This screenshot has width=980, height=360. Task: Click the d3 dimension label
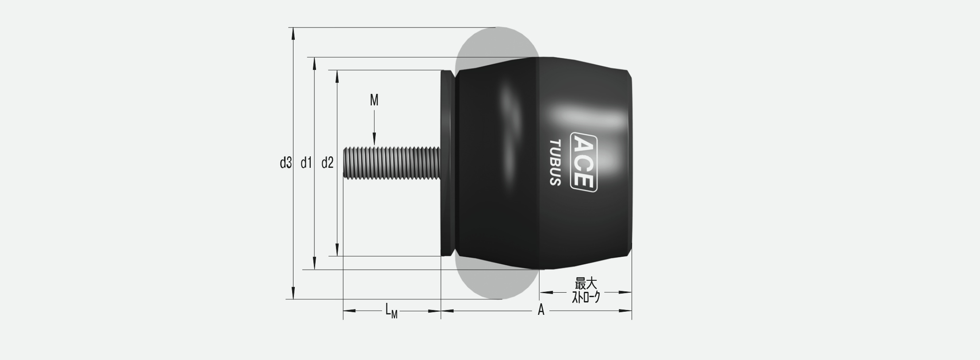286,163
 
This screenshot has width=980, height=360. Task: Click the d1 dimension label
306,163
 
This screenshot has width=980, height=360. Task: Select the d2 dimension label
327,163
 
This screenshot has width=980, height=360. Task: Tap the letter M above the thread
374,101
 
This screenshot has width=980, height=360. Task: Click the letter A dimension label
541,310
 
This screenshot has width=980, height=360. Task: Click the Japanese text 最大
586,283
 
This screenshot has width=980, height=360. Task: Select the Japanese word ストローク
586,297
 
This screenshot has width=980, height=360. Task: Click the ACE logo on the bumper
584,163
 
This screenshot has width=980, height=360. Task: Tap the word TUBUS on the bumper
556,163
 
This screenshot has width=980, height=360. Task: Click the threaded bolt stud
392,163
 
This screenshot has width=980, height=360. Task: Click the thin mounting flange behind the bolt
448,163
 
